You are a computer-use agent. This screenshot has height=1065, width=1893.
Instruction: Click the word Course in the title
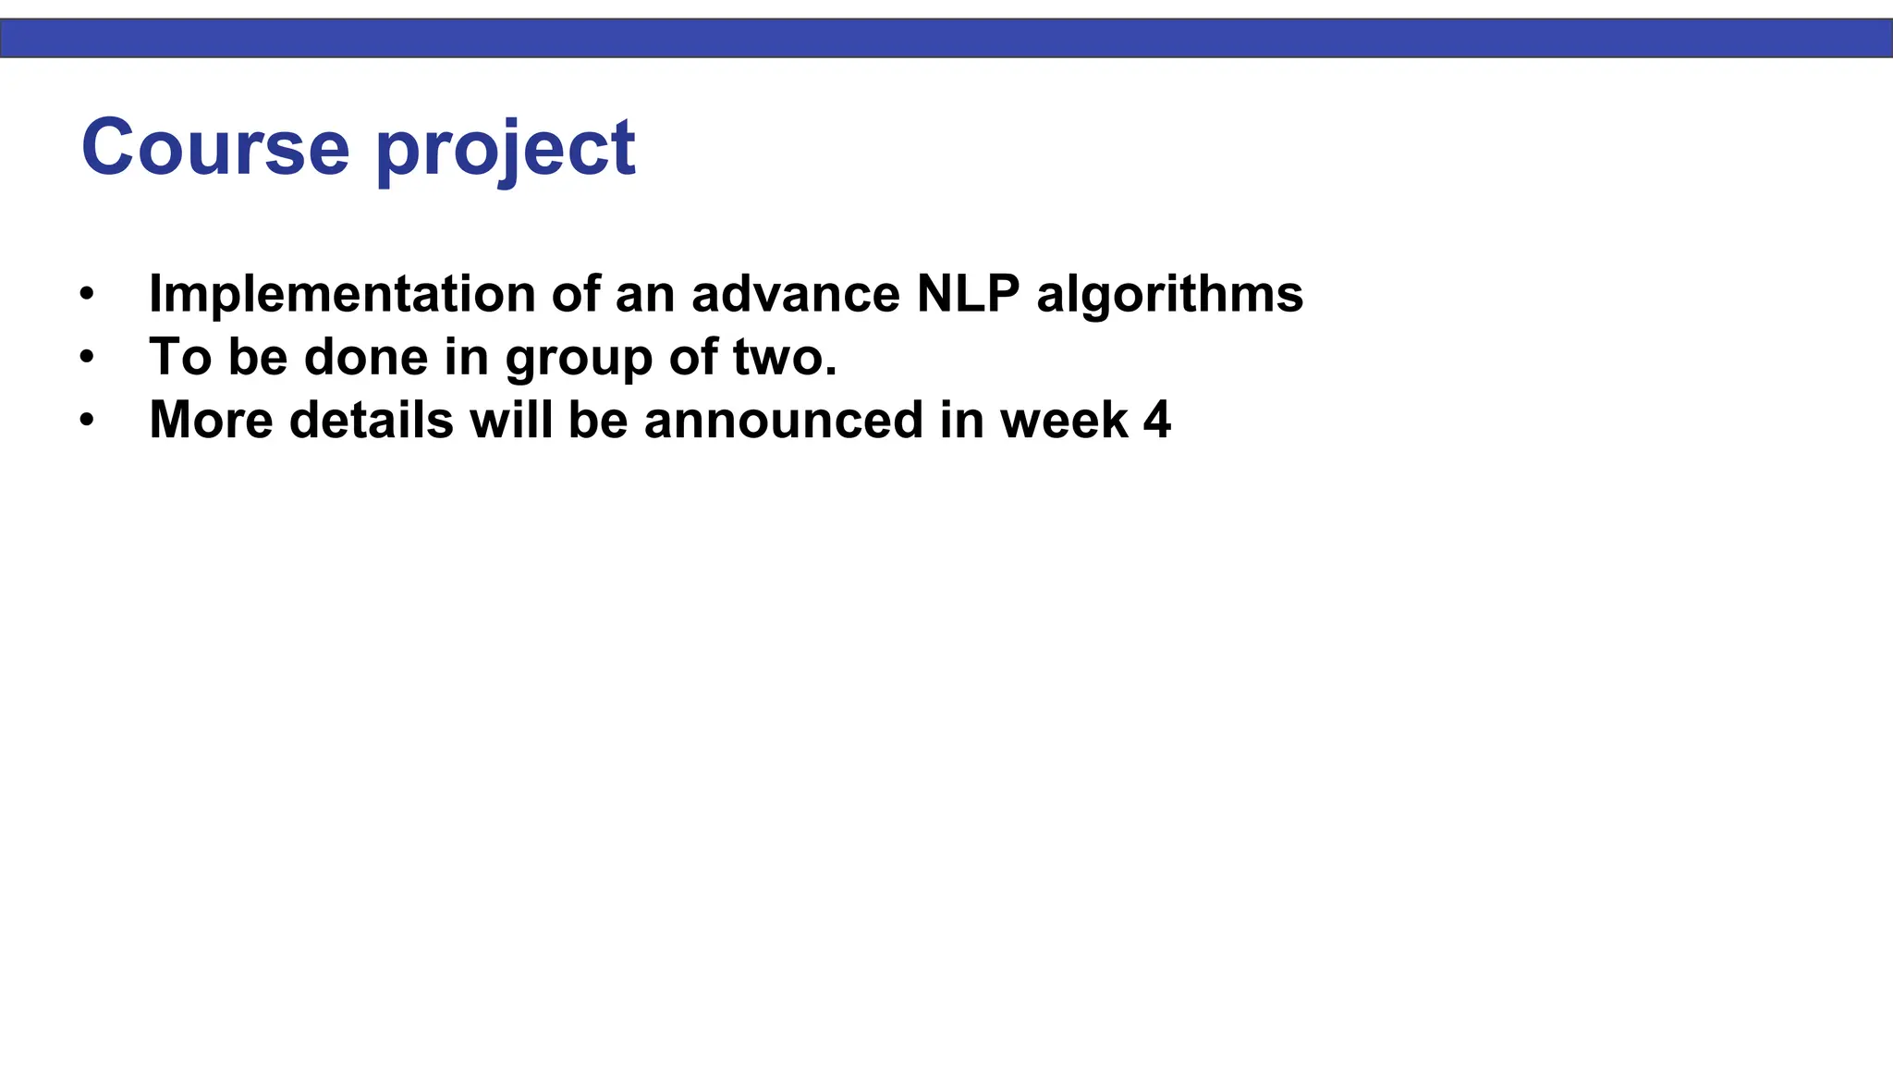[215, 147]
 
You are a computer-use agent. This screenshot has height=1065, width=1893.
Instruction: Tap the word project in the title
[506, 150]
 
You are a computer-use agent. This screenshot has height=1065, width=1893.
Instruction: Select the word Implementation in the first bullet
[342, 295]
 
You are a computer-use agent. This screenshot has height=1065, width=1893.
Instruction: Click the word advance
[795, 295]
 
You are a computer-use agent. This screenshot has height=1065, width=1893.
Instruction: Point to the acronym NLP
[968, 295]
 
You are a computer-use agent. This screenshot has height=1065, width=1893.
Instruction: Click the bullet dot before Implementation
[87, 295]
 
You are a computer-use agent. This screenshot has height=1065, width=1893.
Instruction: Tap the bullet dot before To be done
[87, 358]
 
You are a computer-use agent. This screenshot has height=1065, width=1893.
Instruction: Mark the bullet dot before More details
[87, 421]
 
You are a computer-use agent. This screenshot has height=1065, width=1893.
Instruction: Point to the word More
[211, 421]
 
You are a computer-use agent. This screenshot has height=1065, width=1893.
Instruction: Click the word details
[371, 421]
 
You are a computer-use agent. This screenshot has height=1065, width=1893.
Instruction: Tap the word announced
[783, 421]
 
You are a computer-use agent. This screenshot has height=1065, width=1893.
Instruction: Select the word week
[1063, 421]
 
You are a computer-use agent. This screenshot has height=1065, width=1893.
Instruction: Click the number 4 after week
[1157, 421]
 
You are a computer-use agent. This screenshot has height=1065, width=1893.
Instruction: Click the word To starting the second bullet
[180, 358]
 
